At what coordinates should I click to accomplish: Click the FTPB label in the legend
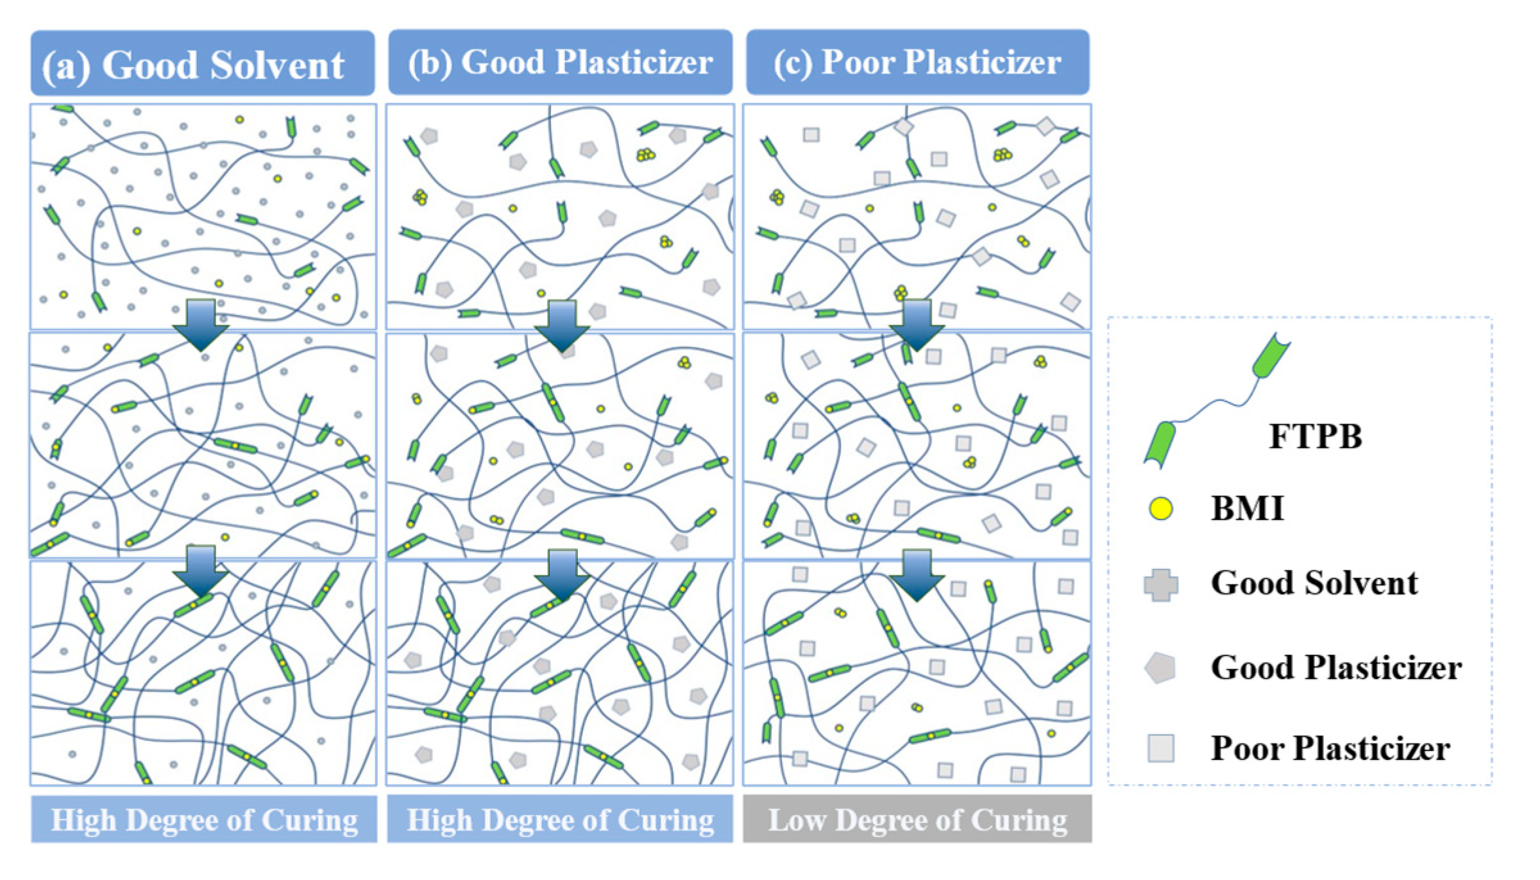[x=1315, y=437]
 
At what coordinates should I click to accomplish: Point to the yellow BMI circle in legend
[x=1160, y=509]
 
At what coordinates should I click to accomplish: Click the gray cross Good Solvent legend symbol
[x=1160, y=584]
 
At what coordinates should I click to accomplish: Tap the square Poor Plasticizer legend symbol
[x=1160, y=748]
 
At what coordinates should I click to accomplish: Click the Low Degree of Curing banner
[x=917, y=820]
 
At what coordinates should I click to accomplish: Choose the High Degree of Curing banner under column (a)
[x=204, y=820]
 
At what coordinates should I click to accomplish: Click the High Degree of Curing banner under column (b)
[x=560, y=820]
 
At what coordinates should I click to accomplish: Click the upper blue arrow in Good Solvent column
[x=201, y=324]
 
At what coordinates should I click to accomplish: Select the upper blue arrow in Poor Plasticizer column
[x=917, y=324]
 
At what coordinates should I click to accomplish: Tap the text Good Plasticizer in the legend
[x=1336, y=668]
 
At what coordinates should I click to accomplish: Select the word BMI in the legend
[x=1247, y=509]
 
